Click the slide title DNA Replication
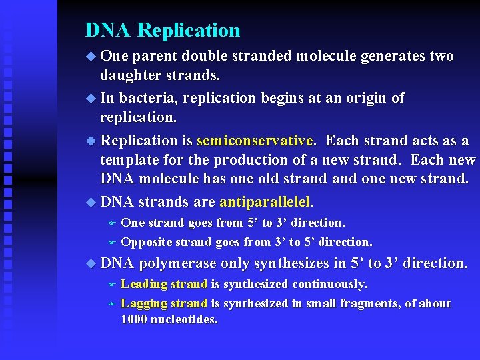163,31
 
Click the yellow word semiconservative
254,141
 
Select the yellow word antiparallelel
265,201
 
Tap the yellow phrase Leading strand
164,284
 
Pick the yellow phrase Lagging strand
164,303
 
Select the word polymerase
178,263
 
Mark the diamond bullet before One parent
91,57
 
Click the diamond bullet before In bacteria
91,99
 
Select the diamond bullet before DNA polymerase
91,264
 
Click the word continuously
329,284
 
